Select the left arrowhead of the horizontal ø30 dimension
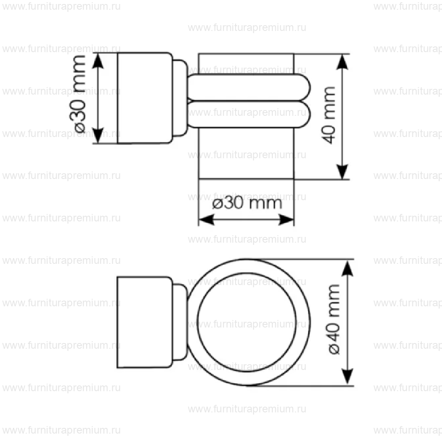coord(205,219)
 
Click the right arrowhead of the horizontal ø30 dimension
coord(287,219)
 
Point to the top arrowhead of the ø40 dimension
coord(348,267)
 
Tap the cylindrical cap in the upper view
coord(144,98)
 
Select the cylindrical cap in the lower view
coord(144,322)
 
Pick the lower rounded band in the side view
coord(248,114)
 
